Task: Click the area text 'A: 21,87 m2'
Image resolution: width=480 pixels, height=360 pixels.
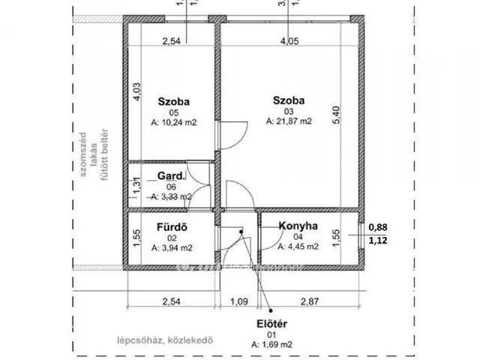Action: click(x=289, y=120)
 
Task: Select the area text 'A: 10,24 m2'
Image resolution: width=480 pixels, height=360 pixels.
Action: click(x=172, y=120)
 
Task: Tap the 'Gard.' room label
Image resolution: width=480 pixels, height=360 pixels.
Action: click(x=169, y=176)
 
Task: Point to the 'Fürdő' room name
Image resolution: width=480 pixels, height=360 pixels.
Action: click(x=172, y=226)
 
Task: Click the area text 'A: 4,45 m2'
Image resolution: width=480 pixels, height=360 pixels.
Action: click(x=298, y=245)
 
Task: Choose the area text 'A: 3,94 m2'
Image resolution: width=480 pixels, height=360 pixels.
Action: click(x=172, y=245)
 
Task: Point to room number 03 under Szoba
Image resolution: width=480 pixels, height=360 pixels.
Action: click(x=289, y=110)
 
